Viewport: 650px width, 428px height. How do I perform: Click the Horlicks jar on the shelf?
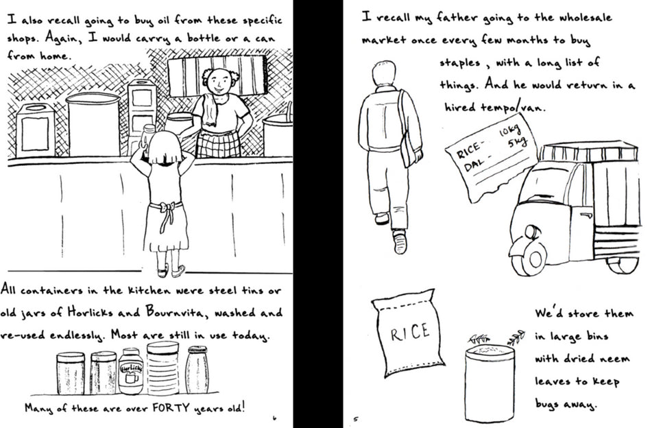pos(130,371)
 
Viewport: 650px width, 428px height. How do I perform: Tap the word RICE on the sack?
pos(409,332)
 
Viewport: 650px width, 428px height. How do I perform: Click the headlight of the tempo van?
pos(532,233)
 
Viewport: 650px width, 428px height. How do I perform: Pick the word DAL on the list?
pos(472,165)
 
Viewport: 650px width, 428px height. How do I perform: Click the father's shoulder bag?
pos(409,143)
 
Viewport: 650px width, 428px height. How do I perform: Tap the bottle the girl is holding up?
pos(147,136)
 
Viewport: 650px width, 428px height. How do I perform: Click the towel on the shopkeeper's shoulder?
pos(210,110)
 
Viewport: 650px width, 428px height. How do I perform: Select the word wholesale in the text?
pos(586,19)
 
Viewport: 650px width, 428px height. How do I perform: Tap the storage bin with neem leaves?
pos(490,383)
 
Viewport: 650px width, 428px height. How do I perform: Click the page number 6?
pos(274,418)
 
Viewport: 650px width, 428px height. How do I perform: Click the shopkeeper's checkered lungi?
pos(219,144)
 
